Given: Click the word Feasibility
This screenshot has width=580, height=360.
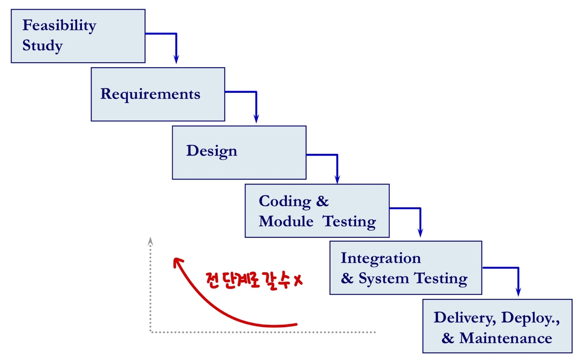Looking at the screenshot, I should click(x=59, y=26).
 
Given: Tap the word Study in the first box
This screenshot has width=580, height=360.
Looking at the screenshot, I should click(x=42, y=46).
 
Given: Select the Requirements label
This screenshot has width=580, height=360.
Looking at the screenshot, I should click(x=150, y=94).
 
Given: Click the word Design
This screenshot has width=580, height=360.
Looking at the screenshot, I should click(x=211, y=151).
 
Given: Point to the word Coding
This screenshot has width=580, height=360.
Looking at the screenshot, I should click(x=285, y=201).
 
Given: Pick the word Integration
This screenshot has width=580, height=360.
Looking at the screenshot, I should click(x=381, y=258).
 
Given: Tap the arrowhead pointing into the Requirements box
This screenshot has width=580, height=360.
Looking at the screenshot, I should click(x=176, y=60).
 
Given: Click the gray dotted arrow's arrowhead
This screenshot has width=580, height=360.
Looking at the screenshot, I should click(x=150, y=240).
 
